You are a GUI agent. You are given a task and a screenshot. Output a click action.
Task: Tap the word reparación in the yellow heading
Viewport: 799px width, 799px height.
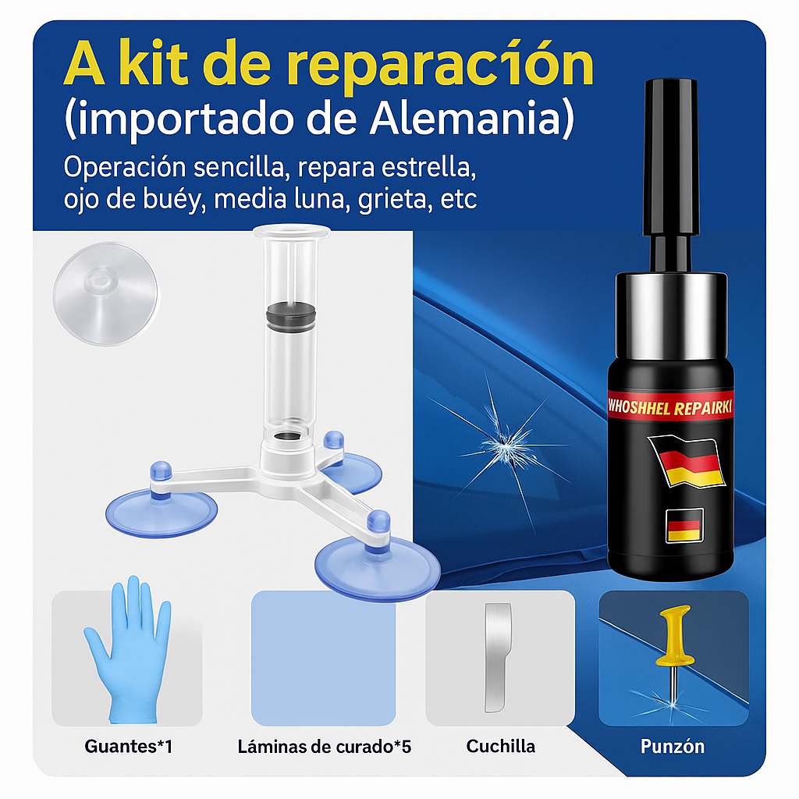click(439, 65)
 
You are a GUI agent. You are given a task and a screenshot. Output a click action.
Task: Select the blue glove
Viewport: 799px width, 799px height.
click(128, 650)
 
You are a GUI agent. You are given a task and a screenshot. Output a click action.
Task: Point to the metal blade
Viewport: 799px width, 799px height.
click(497, 658)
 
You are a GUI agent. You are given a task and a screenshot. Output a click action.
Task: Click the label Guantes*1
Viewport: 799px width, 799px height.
click(129, 747)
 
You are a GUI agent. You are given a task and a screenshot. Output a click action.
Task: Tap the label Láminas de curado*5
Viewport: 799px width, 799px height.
click(324, 747)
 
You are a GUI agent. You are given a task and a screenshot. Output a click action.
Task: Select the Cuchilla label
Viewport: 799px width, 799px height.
click(500, 747)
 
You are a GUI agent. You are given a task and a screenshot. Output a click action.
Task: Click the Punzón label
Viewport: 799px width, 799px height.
click(673, 747)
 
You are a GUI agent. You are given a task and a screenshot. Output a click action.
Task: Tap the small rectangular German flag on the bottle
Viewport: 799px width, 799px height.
click(685, 525)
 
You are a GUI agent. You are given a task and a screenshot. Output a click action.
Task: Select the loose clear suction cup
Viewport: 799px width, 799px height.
click(105, 294)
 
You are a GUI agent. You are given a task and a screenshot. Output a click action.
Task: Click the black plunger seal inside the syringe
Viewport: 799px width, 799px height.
click(291, 317)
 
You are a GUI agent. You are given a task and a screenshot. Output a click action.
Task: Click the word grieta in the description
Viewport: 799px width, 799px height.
click(392, 199)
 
